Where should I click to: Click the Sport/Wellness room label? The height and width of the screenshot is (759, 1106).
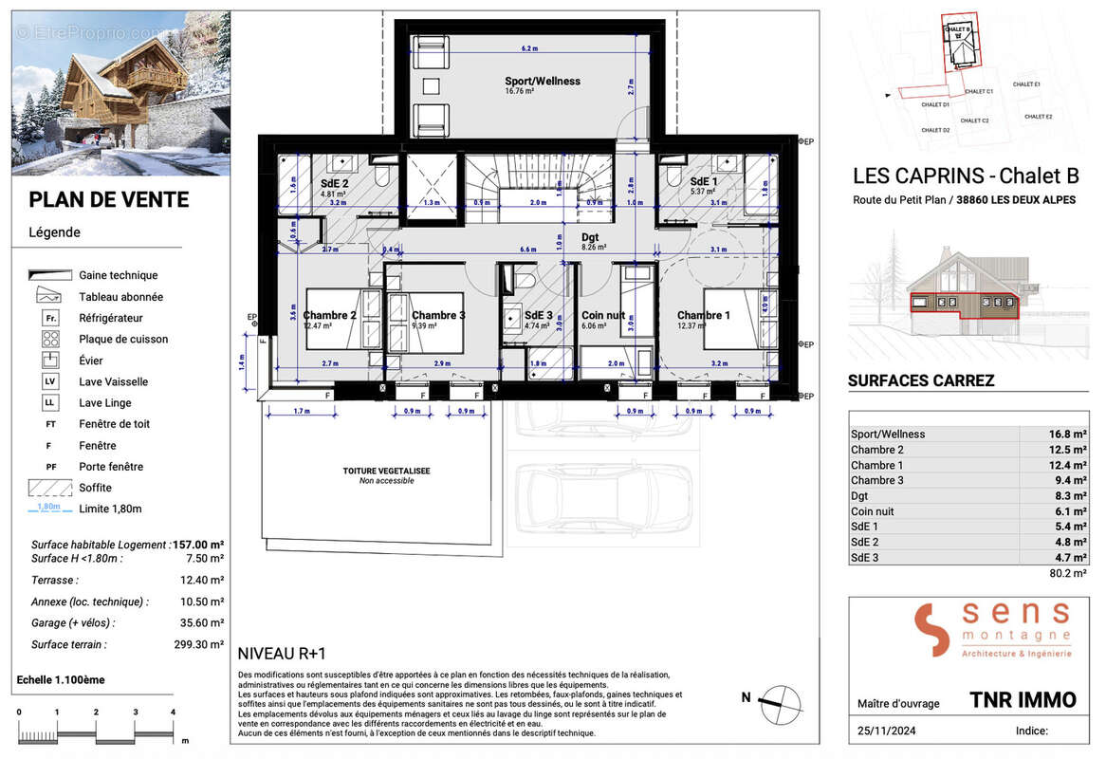(x=542, y=82)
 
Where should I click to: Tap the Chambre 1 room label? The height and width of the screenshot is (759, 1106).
(x=702, y=315)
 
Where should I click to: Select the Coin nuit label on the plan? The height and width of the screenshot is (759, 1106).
(x=604, y=315)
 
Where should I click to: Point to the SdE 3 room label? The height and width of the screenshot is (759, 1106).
(x=540, y=315)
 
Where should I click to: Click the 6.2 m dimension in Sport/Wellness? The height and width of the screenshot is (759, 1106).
(x=529, y=47)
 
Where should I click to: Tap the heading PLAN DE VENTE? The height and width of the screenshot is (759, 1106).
(x=109, y=199)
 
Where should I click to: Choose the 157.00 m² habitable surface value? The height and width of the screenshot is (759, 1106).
(x=198, y=545)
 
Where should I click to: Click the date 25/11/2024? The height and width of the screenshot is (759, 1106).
(x=884, y=731)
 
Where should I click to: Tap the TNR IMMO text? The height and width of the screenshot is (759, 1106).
(x=1023, y=700)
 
